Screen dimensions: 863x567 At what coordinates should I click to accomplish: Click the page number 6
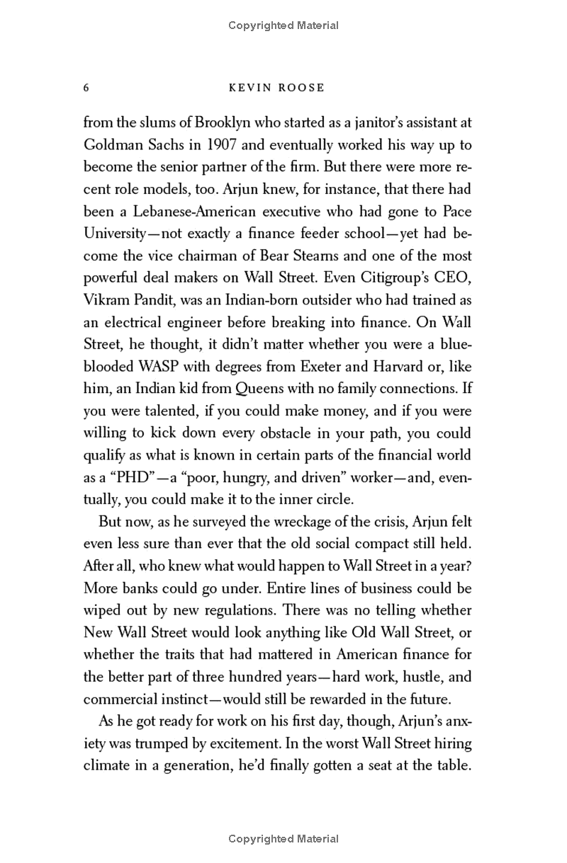pos(86,88)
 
